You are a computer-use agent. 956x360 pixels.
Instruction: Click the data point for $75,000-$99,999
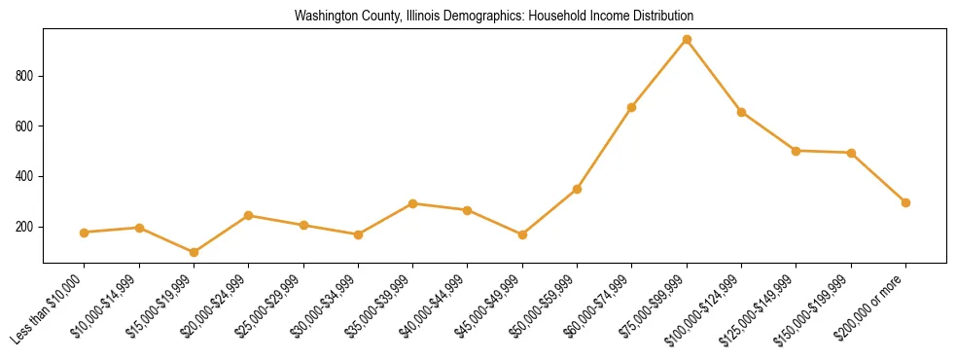pos(687,40)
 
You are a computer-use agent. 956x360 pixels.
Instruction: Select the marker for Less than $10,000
pos(85,233)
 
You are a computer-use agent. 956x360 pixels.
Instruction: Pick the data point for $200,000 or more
pos(905,202)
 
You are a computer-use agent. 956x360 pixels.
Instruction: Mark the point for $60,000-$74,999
pos(632,107)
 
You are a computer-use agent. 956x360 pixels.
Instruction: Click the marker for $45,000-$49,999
pos(522,234)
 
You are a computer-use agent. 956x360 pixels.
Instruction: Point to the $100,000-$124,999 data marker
pos(742,112)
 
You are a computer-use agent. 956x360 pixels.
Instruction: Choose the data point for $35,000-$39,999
pos(413,203)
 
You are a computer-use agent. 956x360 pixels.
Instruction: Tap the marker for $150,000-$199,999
pos(851,153)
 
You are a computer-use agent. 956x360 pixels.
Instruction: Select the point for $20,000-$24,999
pos(249,215)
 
